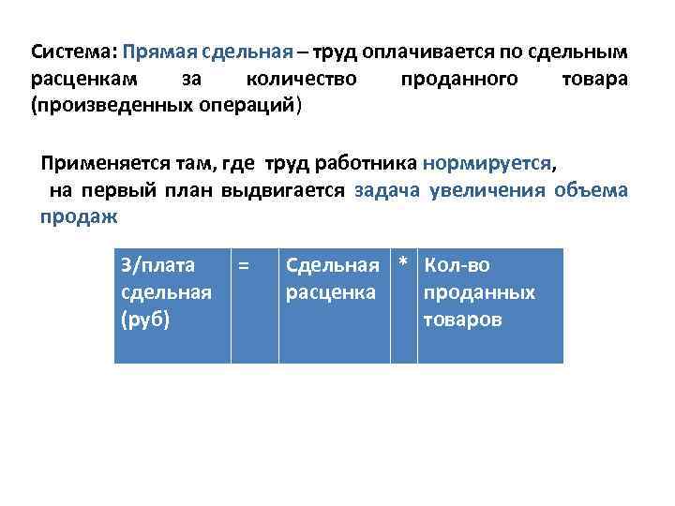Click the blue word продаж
(x=79, y=217)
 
